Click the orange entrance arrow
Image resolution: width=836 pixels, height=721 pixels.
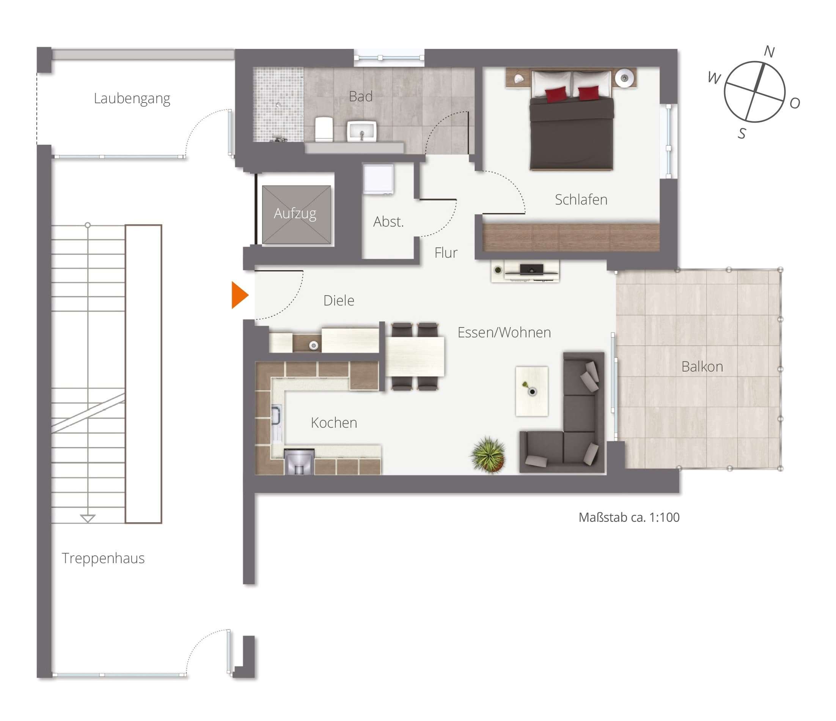pyautogui.click(x=239, y=295)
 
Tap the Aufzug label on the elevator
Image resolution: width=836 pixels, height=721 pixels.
pyautogui.click(x=295, y=213)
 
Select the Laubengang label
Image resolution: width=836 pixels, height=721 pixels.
pyautogui.click(x=132, y=99)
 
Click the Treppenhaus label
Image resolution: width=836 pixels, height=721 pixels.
pyautogui.click(x=103, y=558)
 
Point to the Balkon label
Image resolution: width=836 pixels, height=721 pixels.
pyautogui.click(x=702, y=367)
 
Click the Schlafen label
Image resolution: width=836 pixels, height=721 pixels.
pyautogui.click(x=581, y=200)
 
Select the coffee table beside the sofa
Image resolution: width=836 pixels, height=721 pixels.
pyautogui.click(x=532, y=391)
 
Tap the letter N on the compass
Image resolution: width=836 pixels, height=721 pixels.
pyautogui.click(x=769, y=52)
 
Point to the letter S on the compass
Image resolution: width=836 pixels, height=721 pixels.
pyautogui.click(x=742, y=133)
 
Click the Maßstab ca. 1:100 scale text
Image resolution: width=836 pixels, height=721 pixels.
pyautogui.click(x=629, y=518)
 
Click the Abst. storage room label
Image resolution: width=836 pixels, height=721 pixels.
pyautogui.click(x=388, y=222)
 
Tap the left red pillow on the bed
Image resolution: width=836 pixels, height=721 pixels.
pyautogui.click(x=556, y=94)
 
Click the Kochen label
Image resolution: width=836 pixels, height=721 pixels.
pyautogui.click(x=334, y=423)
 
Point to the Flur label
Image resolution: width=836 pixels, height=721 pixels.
pyautogui.click(x=446, y=253)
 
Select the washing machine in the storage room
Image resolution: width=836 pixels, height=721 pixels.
pyautogui.click(x=378, y=179)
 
